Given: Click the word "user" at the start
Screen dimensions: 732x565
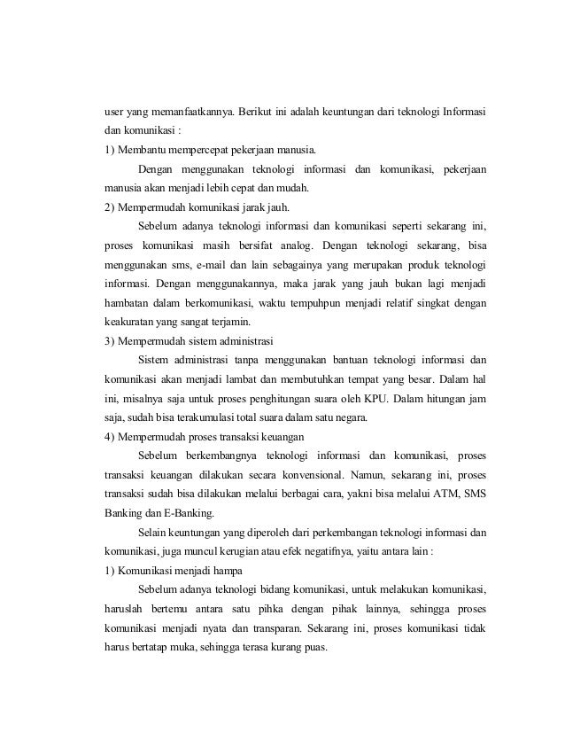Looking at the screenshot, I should (114, 113).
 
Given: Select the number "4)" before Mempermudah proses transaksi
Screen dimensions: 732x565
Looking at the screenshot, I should (111, 437).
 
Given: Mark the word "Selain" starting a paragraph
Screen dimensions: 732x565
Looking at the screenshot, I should (153, 532).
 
